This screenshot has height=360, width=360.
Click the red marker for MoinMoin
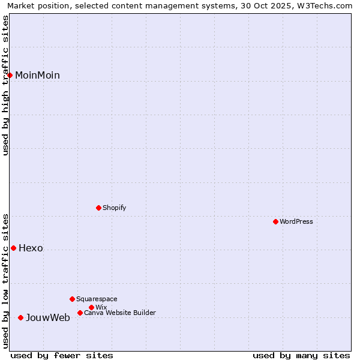pyautogui.click(x=10, y=75)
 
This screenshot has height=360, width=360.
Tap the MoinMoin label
pyautogui.click(x=37, y=75)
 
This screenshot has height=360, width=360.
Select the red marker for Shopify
pyautogui.click(x=98, y=208)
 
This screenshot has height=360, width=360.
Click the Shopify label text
pyautogui.click(x=114, y=208)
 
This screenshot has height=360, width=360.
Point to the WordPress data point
pyautogui.click(x=275, y=221)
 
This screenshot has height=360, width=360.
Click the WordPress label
pyautogui.click(x=296, y=221)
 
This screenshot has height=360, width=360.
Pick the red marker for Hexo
pyautogui.click(x=13, y=248)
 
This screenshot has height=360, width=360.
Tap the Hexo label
pyautogui.click(x=31, y=248)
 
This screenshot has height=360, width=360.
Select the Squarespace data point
pyautogui.click(x=72, y=299)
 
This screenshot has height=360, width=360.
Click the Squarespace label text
pyautogui.click(x=97, y=299)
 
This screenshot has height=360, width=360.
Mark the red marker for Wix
pyautogui.click(x=91, y=307)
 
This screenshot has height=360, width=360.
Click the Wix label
pyautogui.click(x=101, y=307)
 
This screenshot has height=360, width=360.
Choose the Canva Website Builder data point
pyautogui.click(x=80, y=313)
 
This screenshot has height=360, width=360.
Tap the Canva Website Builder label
pyautogui.click(x=120, y=313)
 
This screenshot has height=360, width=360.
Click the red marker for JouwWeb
pyautogui.click(x=20, y=317)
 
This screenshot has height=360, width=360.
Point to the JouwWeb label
pyautogui.click(x=47, y=317)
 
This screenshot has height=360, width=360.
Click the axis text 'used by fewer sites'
pyautogui.click(x=62, y=355)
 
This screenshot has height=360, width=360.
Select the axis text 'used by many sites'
pyautogui.click(x=301, y=355)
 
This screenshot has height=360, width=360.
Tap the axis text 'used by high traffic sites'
pyautogui.click(x=6, y=85)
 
